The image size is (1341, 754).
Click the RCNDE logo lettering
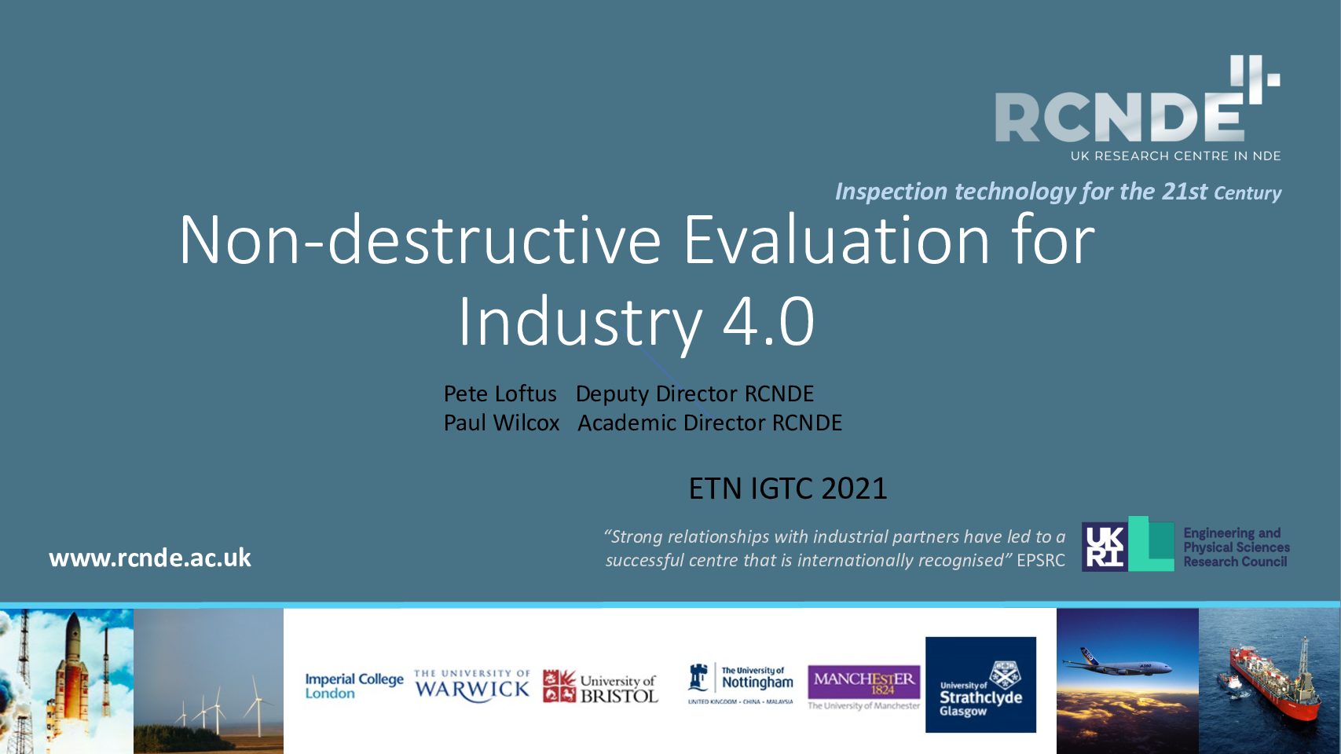[x=1119, y=116]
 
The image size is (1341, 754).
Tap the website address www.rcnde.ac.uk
[x=150, y=558]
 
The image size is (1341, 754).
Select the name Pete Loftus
[x=500, y=393]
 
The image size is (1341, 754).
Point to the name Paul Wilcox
[x=501, y=423]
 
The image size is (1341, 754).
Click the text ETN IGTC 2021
[x=788, y=489]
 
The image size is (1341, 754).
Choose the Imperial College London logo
[x=354, y=686]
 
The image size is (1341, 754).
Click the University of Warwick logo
[x=472, y=685]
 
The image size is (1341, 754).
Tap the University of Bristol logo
[x=600, y=686]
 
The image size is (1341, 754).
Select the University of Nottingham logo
[x=741, y=683]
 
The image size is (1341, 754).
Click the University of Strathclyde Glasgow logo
[x=980, y=685]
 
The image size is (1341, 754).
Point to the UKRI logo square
[x=1105, y=547]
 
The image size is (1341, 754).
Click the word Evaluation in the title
[x=836, y=240]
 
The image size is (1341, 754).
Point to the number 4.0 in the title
[x=768, y=322]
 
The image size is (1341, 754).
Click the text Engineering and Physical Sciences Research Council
[x=1237, y=547]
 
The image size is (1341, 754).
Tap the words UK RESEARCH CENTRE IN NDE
[x=1176, y=156]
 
